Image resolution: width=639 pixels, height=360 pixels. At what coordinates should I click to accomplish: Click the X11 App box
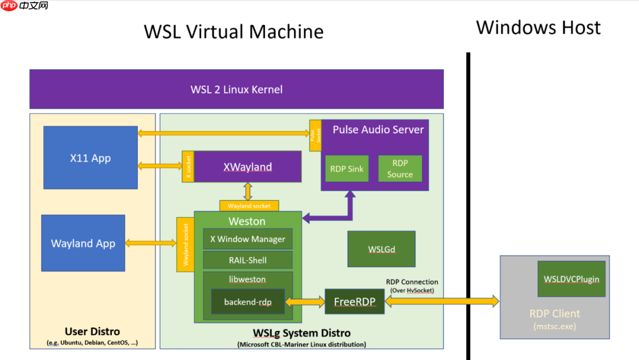[x=91, y=157]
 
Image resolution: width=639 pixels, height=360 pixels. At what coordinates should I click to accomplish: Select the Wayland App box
[x=83, y=243]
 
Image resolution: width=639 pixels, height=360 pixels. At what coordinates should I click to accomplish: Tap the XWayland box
[x=248, y=166]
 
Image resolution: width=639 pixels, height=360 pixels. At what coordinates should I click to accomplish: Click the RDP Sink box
[x=347, y=169]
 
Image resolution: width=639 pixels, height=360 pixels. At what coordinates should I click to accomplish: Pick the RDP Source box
[x=400, y=169]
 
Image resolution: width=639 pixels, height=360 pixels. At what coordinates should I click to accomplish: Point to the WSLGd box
[x=382, y=249]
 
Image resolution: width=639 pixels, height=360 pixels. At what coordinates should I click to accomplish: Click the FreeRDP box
[x=354, y=301]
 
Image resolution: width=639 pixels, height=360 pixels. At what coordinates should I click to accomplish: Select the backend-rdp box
[x=248, y=301]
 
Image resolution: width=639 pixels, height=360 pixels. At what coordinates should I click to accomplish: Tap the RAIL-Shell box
[x=248, y=260]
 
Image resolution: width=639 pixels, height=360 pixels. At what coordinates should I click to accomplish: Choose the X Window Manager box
[x=248, y=239]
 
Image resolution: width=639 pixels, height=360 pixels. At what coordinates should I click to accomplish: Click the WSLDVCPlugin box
[x=571, y=279]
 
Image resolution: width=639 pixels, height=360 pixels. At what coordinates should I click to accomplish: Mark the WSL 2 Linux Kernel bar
[x=237, y=89]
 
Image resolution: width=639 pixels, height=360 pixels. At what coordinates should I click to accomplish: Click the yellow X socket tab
[x=188, y=166]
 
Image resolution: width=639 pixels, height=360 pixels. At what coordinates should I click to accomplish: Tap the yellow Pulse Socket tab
[x=315, y=134]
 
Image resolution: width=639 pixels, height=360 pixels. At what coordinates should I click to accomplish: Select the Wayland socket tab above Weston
[x=249, y=206]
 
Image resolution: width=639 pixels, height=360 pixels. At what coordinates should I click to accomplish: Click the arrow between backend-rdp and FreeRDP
[x=305, y=302]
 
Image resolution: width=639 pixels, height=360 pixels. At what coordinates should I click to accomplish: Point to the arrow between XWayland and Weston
[x=248, y=191]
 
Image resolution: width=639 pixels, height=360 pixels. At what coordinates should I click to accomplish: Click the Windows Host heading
[x=538, y=28]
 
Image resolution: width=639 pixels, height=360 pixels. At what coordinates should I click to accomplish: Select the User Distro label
[x=92, y=332]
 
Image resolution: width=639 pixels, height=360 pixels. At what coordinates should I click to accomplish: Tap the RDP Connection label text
[x=412, y=282]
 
